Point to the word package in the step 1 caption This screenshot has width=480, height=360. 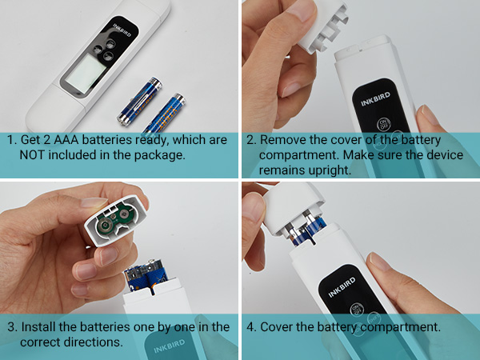click(160, 154)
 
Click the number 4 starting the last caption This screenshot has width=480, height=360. click(250, 326)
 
